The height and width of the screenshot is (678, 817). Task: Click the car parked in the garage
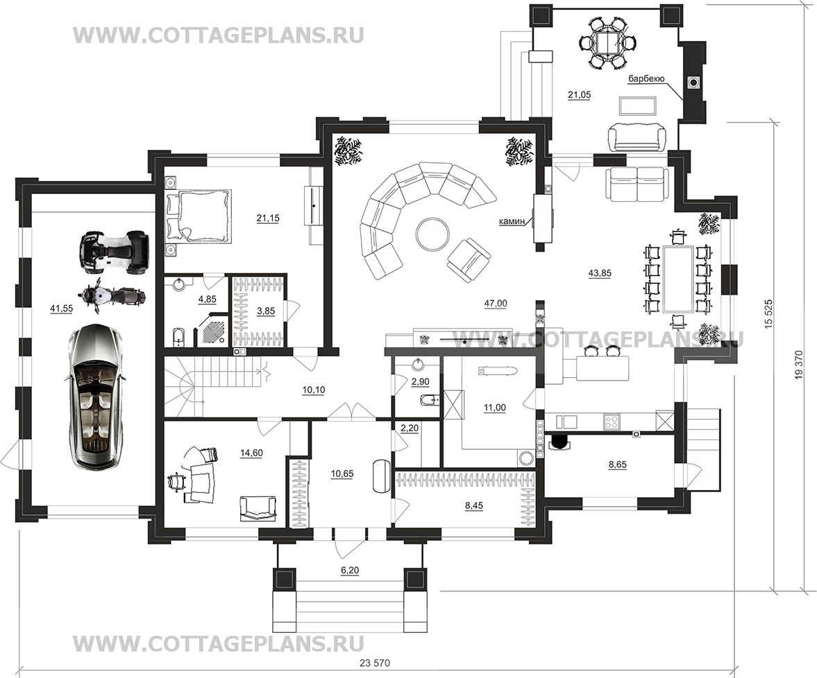(95, 396)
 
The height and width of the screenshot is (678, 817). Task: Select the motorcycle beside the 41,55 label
(112, 297)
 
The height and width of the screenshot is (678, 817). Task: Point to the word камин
(512, 221)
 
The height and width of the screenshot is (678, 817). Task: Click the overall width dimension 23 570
(374, 663)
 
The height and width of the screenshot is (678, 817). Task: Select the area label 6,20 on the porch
(350, 571)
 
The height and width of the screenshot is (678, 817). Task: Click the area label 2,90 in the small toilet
(420, 382)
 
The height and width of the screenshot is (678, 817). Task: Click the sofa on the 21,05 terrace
(637, 137)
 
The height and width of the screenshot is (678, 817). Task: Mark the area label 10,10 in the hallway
(314, 390)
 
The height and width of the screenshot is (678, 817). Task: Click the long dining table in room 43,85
(678, 279)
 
